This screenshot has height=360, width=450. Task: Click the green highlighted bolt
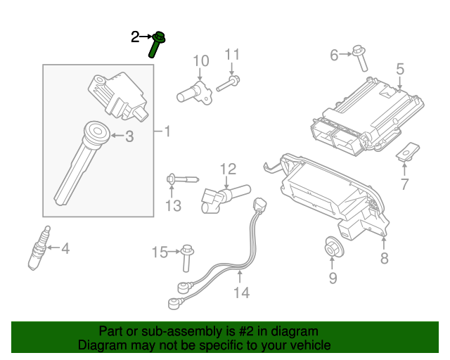157,44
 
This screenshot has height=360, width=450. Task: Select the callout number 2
135,37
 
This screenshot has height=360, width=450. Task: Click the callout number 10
201,60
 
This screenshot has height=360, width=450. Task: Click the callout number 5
399,69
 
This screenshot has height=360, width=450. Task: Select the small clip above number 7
408,151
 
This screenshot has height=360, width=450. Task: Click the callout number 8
384,259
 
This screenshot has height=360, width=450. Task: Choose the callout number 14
241,292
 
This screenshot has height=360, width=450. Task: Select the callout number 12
228,169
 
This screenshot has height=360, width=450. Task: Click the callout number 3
129,137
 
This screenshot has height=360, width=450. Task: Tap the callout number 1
167,131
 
